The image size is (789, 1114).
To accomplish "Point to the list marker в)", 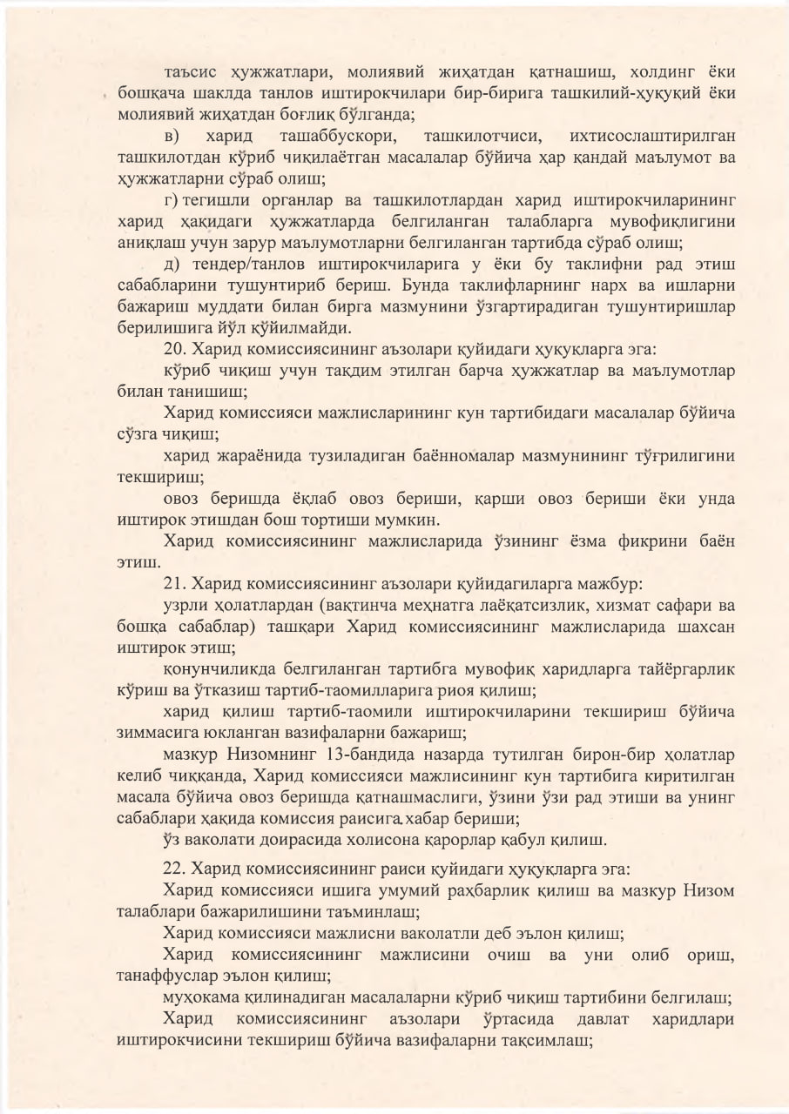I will point(172,137).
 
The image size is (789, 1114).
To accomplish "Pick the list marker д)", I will point(172,265).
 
